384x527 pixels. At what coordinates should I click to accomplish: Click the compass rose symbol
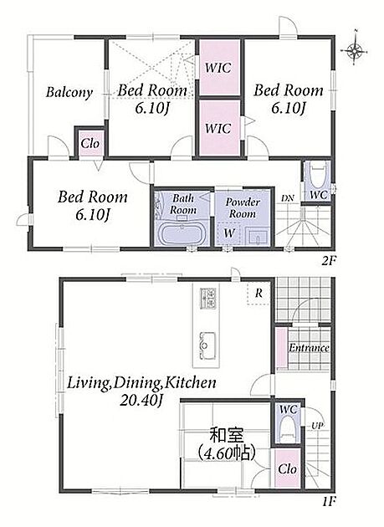354,51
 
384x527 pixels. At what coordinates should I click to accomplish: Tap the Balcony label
69,92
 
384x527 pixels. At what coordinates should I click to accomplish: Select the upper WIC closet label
218,68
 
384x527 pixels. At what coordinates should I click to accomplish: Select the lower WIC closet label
218,128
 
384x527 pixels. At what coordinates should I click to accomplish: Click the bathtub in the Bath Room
182,233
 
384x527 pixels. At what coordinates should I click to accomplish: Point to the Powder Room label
243,207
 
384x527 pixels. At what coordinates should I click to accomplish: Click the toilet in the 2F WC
318,174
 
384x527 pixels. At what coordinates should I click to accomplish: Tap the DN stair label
288,198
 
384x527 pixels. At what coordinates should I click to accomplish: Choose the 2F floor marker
329,261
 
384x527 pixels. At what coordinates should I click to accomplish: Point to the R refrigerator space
259,294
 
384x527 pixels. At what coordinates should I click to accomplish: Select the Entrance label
309,348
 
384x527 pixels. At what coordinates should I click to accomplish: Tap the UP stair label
317,426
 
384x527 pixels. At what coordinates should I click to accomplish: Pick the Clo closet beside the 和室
288,468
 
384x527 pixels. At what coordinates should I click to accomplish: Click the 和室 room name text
226,436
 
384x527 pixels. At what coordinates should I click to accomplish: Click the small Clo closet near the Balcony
90,144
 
